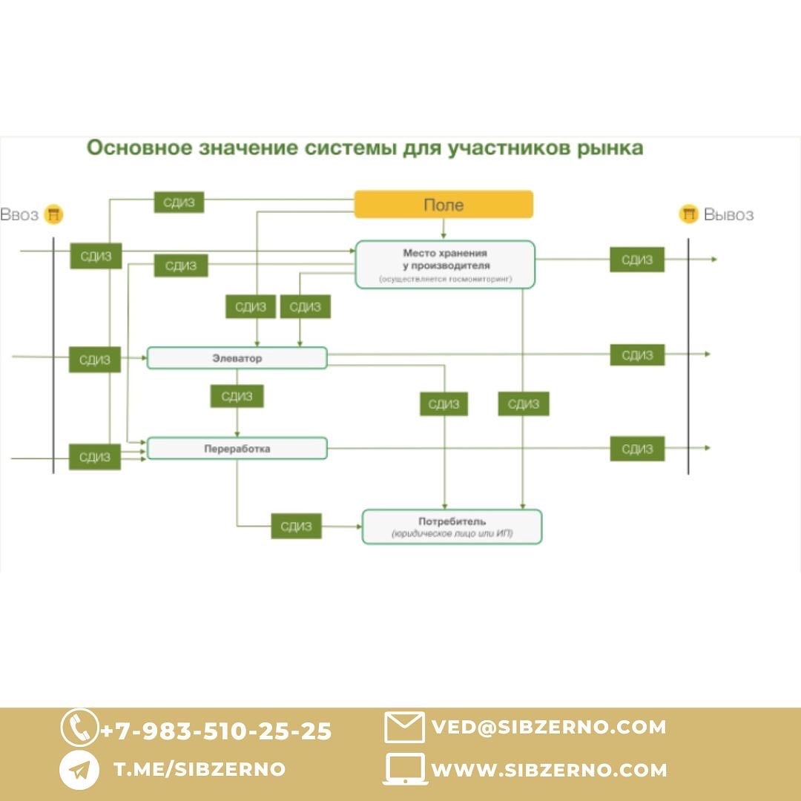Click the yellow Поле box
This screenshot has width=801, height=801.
(444, 205)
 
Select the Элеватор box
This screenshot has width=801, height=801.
(237, 358)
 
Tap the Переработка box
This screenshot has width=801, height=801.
(237, 449)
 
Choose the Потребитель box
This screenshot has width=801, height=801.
(452, 527)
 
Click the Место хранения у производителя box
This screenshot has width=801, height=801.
(445, 265)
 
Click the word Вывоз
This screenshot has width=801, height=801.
(728, 215)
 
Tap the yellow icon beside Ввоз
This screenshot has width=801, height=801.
(53, 215)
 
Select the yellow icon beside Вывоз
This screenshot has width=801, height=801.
(689, 215)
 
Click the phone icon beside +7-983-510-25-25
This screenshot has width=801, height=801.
(79, 728)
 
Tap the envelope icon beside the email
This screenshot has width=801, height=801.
(404, 728)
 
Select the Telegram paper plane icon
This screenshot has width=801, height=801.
(79, 771)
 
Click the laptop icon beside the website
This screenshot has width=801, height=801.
(405, 770)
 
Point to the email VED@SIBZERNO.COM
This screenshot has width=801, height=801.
(549, 728)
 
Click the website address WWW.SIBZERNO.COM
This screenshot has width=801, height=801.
(549, 771)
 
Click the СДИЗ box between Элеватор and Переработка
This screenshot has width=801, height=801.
(237, 396)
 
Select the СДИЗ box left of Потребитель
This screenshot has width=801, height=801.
(296, 527)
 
